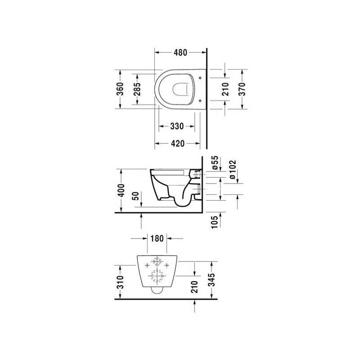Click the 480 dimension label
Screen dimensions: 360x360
[180, 53]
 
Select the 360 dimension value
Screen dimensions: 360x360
[120, 89]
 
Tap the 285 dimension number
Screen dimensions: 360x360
[137, 89]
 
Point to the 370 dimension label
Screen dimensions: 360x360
[242, 89]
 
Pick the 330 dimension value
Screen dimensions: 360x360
[177, 126]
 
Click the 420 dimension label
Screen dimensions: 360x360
[178, 144]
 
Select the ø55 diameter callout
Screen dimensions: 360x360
[215, 162]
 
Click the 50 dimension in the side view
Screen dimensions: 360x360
[136, 196]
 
